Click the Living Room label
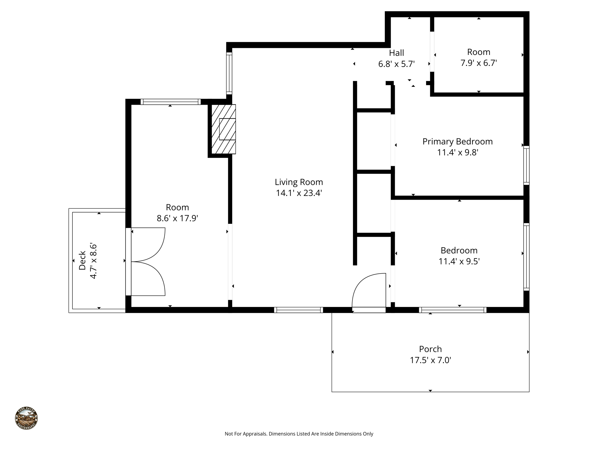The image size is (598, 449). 299,182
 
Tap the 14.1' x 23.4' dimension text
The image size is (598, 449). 299,193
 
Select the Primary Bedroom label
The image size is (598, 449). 457,141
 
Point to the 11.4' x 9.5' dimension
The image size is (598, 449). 459,261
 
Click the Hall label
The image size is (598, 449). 396,53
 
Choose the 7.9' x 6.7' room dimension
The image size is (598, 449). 479,63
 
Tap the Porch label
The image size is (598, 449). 430,349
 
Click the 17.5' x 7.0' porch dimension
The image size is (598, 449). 430,360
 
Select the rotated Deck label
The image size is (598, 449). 83,260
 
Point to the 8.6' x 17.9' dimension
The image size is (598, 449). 177,218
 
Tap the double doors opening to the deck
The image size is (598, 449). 148,262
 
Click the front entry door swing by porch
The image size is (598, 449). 369,291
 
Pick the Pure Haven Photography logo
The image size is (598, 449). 26,418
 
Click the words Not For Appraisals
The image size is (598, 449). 246,434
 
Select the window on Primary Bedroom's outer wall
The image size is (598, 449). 526,165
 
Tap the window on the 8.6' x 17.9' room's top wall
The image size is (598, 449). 171,102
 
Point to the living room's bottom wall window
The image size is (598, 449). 298,310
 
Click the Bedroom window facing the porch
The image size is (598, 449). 453,310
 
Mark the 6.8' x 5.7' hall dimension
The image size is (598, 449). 396,64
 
